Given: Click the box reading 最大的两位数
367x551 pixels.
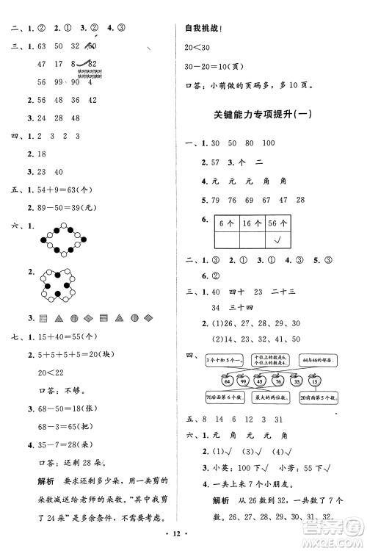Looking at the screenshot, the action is [x=271, y=398].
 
